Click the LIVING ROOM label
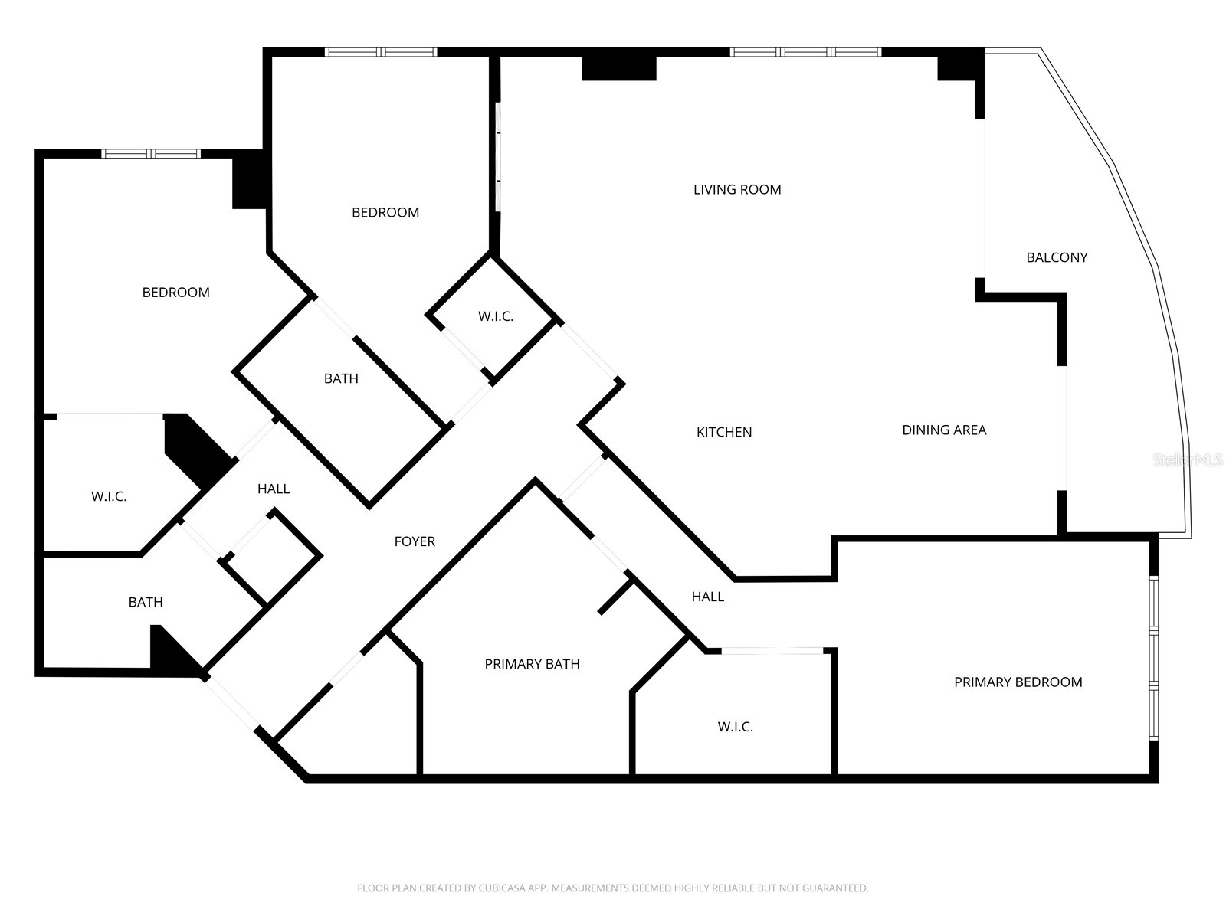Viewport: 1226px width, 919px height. coord(737,189)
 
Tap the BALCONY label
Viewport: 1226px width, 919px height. coord(1057,257)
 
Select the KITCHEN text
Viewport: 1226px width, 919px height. coord(723,432)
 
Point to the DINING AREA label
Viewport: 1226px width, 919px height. coord(943,430)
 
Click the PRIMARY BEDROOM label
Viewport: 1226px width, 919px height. coord(1018,682)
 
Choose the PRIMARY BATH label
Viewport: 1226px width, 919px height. coord(532,664)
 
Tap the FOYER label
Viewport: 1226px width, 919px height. coord(415,541)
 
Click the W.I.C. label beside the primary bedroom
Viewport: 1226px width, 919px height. coord(735,727)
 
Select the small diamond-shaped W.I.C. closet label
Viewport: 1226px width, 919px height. coord(496,316)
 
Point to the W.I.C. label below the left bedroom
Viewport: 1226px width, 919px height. coord(109,496)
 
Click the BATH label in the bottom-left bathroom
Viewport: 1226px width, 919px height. coord(146,602)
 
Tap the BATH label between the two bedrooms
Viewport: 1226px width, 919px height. coord(341,378)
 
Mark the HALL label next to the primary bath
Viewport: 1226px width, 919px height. coord(707,597)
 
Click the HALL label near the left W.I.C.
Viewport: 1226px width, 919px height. coord(274,489)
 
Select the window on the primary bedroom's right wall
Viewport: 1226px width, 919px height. coord(1153,659)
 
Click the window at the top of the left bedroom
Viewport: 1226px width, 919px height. coord(151,154)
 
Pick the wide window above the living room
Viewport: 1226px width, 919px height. coord(805,52)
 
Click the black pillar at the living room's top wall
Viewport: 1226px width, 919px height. coord(619,67)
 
